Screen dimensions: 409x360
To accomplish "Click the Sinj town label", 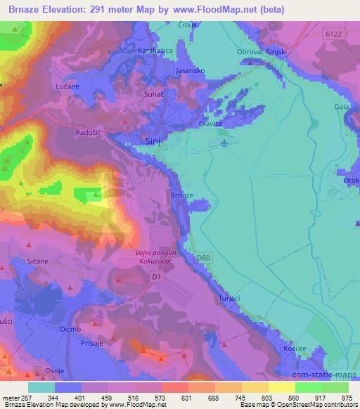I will (152, 141).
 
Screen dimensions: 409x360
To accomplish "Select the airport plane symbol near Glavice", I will (224, 143).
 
